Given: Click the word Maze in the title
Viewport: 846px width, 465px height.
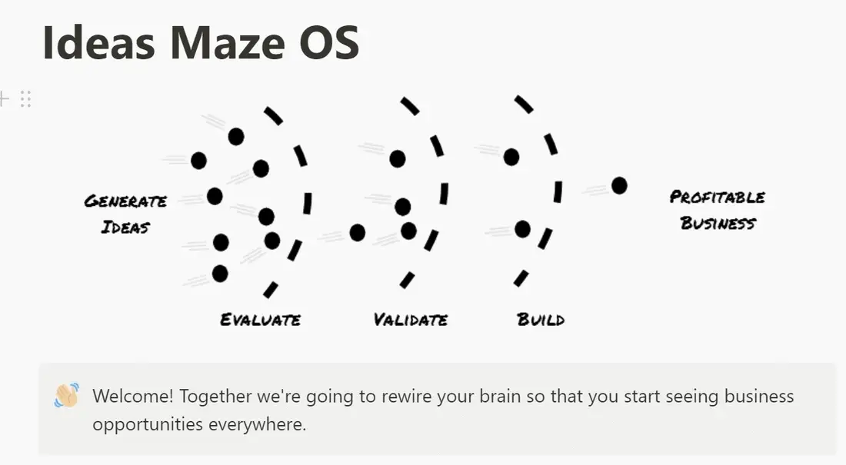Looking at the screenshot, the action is click(x=227, y=42).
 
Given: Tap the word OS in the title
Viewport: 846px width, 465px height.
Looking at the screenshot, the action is click(x=329, y=42).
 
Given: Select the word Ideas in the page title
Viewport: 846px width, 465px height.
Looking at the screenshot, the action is click(x=98, y=42).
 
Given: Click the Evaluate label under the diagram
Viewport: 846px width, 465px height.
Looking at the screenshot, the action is click(x=260, y=319).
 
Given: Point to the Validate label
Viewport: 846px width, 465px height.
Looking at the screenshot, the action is click(x=411, y=319).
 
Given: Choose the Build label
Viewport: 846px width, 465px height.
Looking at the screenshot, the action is click(x=541, y=319).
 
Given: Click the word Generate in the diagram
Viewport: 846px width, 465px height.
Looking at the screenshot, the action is click(x=125, y=201).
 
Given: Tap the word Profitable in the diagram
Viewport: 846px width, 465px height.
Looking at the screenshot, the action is click(x=717, y=197).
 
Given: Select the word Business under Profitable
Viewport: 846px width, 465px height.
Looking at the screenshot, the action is click(x=718, y=223).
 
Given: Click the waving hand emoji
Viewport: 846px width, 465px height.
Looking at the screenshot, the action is click(x=67, y=395).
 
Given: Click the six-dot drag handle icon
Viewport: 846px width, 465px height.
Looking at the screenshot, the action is click(x=25, y=98).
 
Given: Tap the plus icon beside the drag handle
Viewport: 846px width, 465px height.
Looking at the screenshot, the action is click(x=4, y=98).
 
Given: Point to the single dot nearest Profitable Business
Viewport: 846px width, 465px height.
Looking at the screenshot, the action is click(x=619, y=185).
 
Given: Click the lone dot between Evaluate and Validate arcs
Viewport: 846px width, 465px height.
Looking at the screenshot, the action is click(x=357, y=232).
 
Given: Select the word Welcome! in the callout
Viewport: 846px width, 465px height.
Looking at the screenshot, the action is click(x=133, y=396).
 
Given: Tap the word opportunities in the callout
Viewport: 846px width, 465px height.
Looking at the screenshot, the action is click(x=148, y=424).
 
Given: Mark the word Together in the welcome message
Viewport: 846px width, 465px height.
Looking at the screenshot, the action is click(x=215, y=397).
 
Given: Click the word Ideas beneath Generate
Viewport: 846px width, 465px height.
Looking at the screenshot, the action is click(x=125, y=227).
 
